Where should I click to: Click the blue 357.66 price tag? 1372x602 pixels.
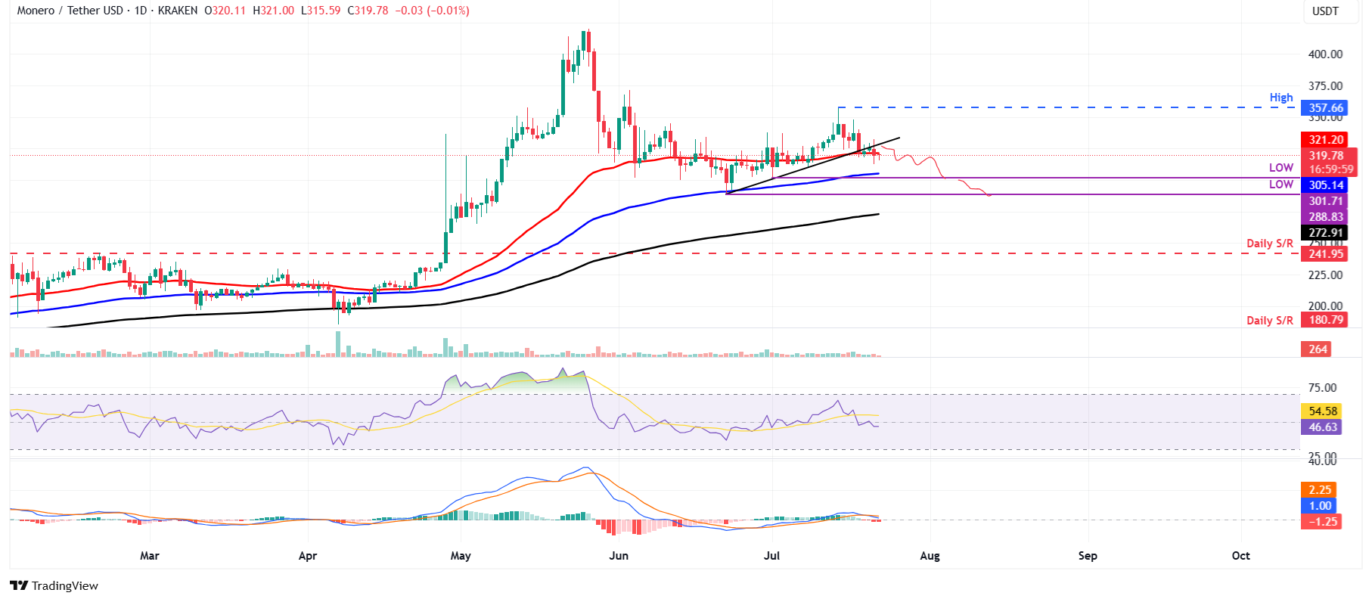(x=1325, y=108)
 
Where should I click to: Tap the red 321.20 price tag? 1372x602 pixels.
(x=1325, y=140)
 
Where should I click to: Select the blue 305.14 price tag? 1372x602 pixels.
(x=1325, y=185)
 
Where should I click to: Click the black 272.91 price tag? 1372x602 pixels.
(x=1325, y=233)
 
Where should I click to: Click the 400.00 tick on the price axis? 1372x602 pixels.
(x=1325, y=54)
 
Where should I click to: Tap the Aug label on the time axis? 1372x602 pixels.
(x=930, y=556)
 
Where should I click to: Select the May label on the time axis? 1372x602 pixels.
(x=461, y=556)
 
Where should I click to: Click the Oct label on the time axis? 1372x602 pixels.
(x=1240, y=556)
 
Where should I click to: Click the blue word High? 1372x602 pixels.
(x=1281, y=98)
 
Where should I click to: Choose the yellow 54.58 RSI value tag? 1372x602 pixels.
(x=1323, y=411)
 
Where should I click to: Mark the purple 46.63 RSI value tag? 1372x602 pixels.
(x=1323, y=427)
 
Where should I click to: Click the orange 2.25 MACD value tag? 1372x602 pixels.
(x=1320, y=490)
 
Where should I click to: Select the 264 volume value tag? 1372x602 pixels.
(x=1318, y=349)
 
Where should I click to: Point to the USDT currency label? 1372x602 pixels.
(x=1325, y=11)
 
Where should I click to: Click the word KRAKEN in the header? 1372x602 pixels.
(x=178, y=11)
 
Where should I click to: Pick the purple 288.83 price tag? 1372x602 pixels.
(x=1325, y=217)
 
